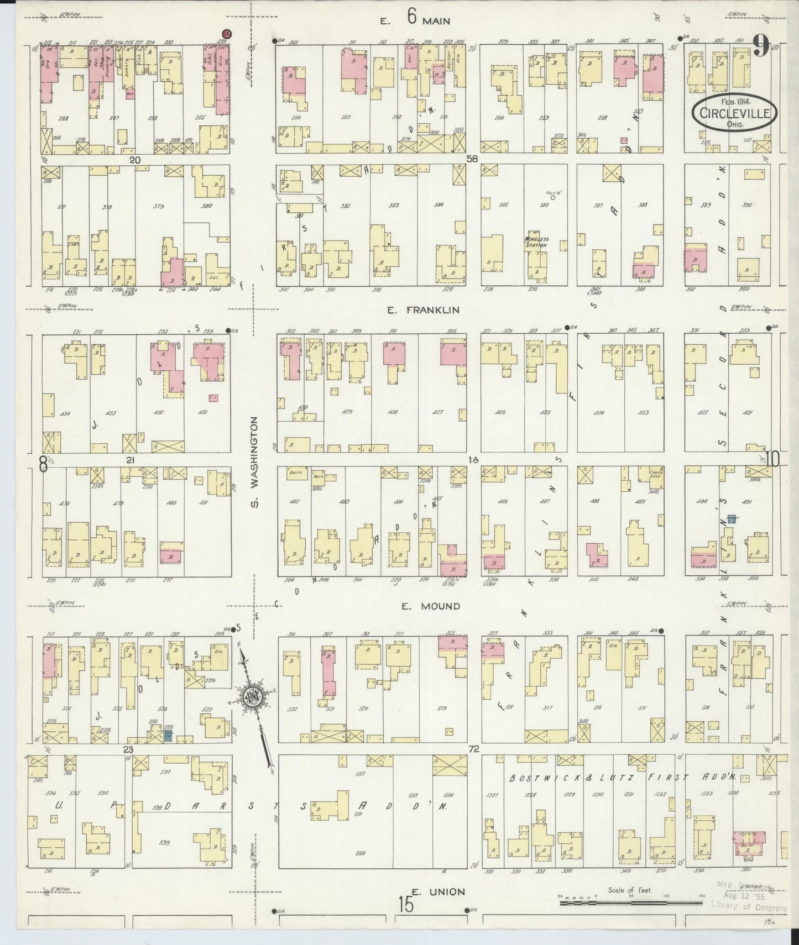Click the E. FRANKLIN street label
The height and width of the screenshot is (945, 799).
[423, 311]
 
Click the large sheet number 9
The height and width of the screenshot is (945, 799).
[760, 47]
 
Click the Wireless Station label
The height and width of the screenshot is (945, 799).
[535, 242]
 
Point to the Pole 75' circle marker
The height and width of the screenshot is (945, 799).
[552, 196]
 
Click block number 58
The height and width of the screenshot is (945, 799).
[472, 159]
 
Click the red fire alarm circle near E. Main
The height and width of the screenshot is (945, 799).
[226, 34]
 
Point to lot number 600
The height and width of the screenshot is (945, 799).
[361, 869]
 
